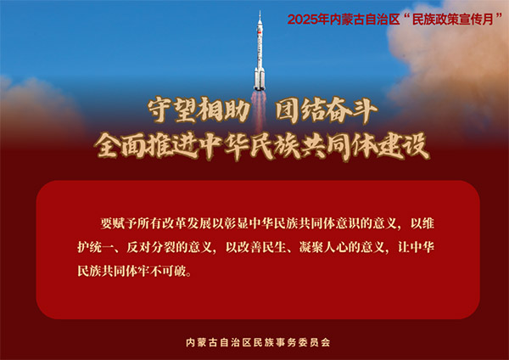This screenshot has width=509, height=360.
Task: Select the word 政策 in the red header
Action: [x=440, y=20]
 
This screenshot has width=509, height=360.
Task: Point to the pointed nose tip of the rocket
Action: [x=260, y=12]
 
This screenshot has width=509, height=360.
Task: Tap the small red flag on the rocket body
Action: [x=259, y=32]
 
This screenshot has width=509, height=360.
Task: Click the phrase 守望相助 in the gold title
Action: [x=199, y=110]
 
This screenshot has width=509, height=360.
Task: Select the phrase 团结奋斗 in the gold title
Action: [x=326, y=110]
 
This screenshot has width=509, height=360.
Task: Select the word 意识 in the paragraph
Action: [x=347, y=223]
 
